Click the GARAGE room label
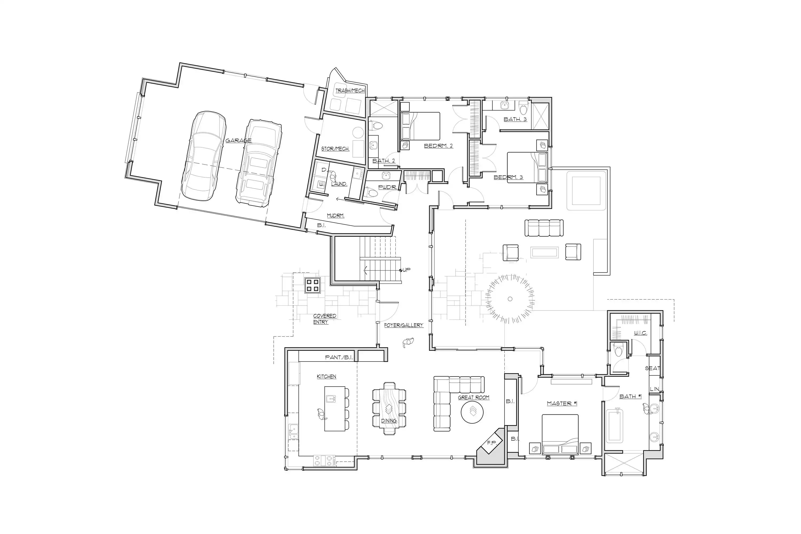[x=238, y=140]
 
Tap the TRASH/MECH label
[x=350, y=91]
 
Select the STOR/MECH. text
[x=335, y=149]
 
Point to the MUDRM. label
[x=335, y=215]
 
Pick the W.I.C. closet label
[x=640, y=333]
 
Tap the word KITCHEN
[x=327, y=376]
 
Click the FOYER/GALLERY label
[x=403, y=325]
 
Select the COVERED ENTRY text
[x=325, y=319]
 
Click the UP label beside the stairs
[x=407, y=270]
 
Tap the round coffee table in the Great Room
[x=472, y=412]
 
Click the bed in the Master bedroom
[x=560, y=434]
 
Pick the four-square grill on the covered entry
[x=312, y=285]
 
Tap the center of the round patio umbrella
[x=510, y=299]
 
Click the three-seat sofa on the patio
[x=544, y=228]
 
